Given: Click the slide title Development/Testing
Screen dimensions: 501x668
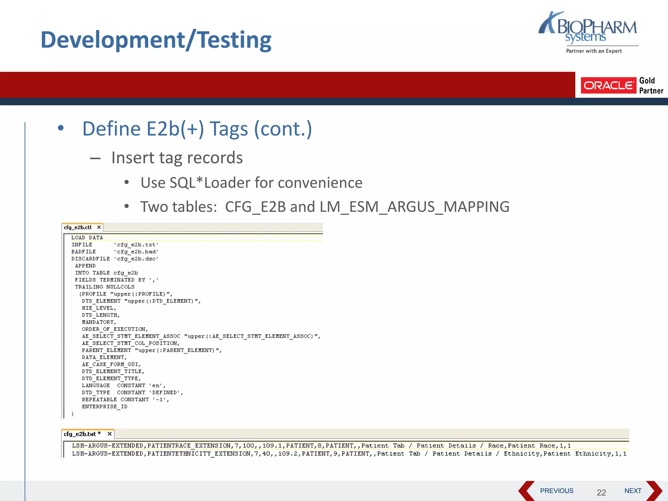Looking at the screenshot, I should coord(156,40).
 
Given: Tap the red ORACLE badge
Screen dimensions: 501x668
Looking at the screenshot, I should coord(608,85).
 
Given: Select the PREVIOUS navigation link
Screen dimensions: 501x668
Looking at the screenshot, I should coord(556,491).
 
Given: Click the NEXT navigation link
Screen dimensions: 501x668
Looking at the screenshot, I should coord(633,491).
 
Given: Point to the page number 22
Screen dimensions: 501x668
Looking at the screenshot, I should coord(601,492).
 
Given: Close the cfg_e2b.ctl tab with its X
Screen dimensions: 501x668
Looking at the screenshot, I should coord(99,227).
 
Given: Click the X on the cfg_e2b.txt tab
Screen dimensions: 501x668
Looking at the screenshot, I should coord(110,434).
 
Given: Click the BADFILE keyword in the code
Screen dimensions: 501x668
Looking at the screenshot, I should coord(83,252).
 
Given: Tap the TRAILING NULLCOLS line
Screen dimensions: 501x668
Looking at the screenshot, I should coord(104,287).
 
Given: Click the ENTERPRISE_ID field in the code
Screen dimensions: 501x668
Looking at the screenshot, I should coord(104,407).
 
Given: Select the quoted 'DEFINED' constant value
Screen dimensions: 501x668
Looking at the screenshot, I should coord(165,393).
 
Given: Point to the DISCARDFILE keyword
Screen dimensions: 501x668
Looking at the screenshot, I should coord(90,259).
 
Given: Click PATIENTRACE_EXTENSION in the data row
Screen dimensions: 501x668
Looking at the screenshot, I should coord(189,446).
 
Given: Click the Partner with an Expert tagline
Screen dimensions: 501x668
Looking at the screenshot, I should coord(594,51).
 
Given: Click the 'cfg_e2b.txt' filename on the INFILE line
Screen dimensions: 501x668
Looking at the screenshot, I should coord(136,245).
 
